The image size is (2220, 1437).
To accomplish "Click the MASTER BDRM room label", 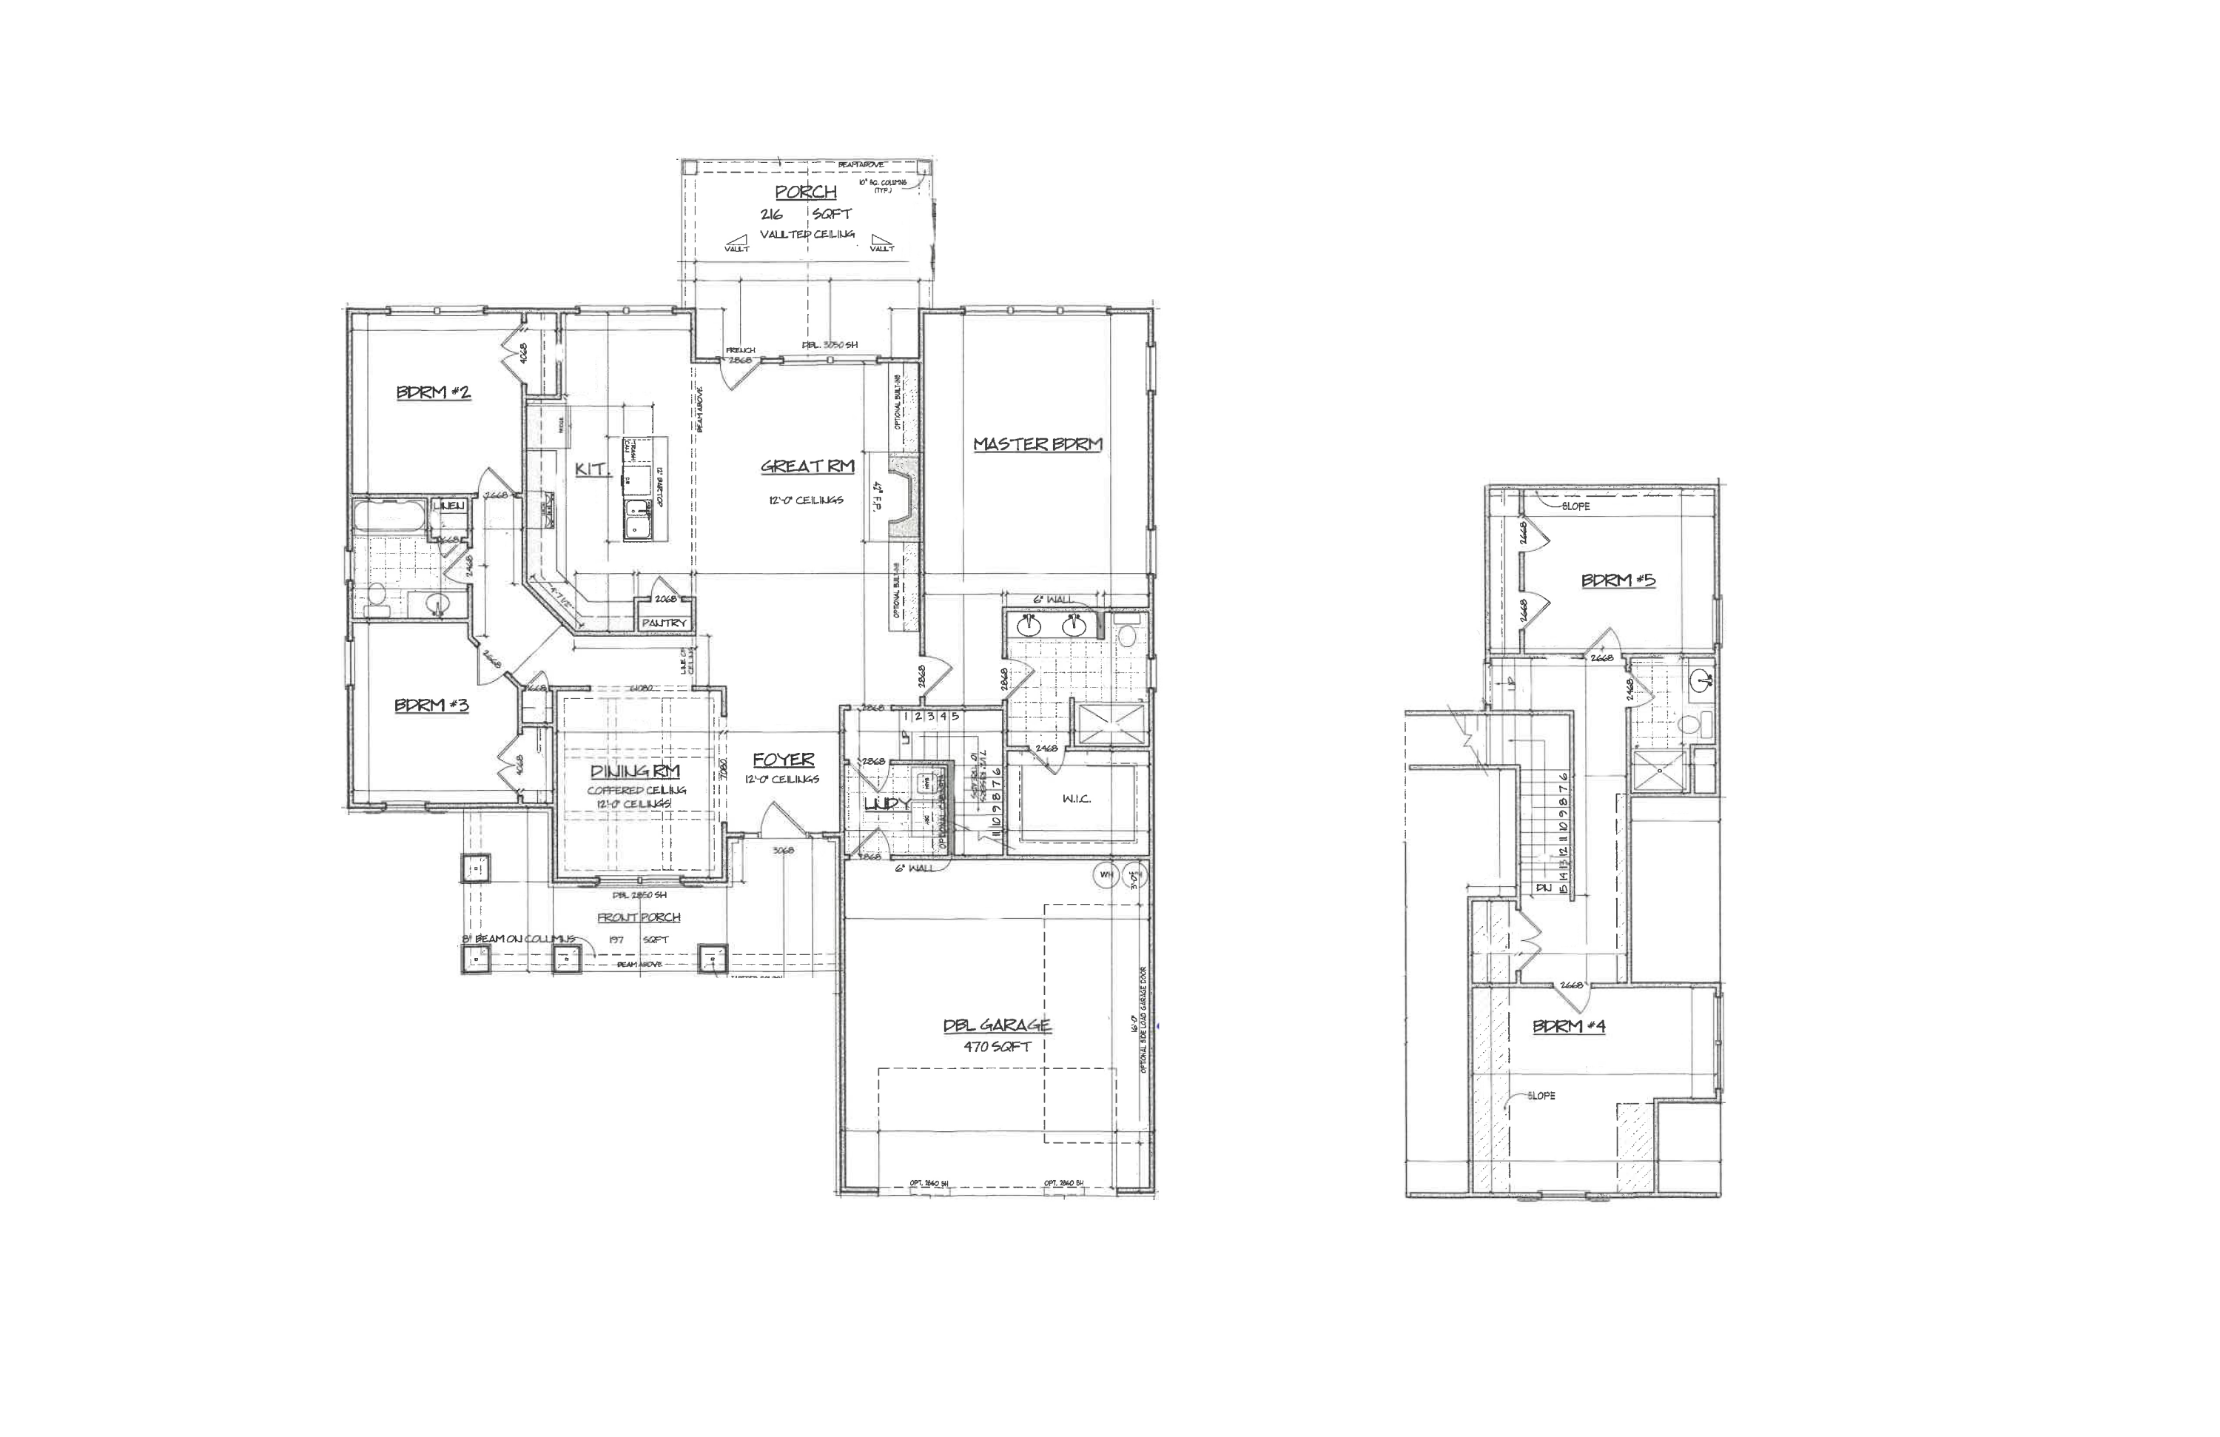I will tap(1037, 444).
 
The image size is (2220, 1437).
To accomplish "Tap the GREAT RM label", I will tap(807, 466).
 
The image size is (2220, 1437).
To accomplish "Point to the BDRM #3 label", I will tap(431, 706).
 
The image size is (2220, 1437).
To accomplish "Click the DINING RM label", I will tap(635, 771).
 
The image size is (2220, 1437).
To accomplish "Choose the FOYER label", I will tap(784, 760).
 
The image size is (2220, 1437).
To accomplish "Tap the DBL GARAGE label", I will tap(996, 1025).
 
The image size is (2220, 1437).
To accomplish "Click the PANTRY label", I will tap(664, 623).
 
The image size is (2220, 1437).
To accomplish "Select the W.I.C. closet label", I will tap(1077, 799).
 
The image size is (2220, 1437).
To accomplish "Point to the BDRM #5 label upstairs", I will tap(1618, 580).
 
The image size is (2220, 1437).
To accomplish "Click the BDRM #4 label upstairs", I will tap(1569, 1026).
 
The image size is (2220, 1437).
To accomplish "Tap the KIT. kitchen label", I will tap(591, 469).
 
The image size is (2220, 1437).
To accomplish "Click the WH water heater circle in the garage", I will tap(1106, 875).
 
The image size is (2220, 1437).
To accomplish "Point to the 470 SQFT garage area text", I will tap(997, 1047).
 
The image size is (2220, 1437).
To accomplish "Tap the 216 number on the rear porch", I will tap(771, 215).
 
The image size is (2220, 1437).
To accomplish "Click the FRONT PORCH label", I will tap(639, 917).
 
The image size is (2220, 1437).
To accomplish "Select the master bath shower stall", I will tap(1112, 724).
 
